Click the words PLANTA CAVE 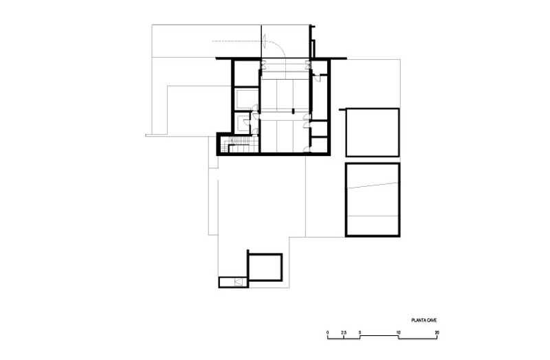pyautogui.click(x=424, y=320)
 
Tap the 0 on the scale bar pyautogui.click(x=328, y=333)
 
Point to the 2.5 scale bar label pyautogui.click(x=344, y=333)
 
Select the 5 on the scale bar pyautogui.click(x=360, y=333)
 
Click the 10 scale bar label pyautogui.click(x=399, y=333)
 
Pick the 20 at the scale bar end pyautogui.click(x=437, y=333)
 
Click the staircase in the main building pyautogui.click(x=239, y=144)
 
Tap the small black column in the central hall pyautogui.click(x=294, y=111)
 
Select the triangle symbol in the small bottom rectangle pyautogui.click(x=239, y=282)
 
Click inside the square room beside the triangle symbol pyautogui.click(x=265, y=267)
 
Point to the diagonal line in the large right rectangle pyautogui.click(x=373, y=185)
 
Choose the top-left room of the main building pyautogui.click(x=246, y=74)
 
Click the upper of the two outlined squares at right pyautogui.click(x=373, y=133)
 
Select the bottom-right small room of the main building pyautogui.click(x=319, y=145)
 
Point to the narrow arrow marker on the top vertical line pyautogui.click(x=265, y=38)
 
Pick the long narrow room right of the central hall pyautogui.click(x=319, y=98)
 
